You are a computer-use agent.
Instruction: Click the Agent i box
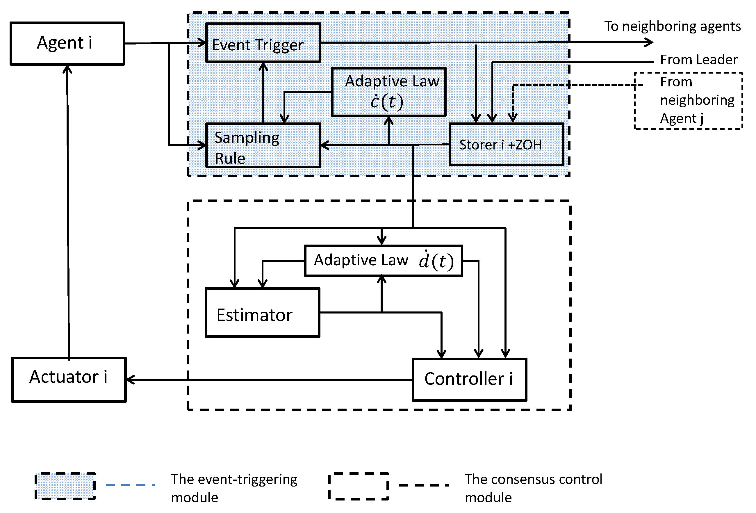[x=67, y=44]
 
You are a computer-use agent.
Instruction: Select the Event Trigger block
[x=263, y=43]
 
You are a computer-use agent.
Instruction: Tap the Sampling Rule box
[x=263, y=145]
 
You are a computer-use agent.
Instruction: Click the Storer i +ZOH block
[x=506, y=145]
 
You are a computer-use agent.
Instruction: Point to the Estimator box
[x=262, y=313]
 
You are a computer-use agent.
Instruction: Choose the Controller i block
[x=469, y=380]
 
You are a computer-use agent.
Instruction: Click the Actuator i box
[x=69, y=380]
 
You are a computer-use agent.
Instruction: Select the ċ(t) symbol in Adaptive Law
[x=387, y=102]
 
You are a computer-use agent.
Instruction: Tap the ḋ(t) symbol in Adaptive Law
[x=436, y=261]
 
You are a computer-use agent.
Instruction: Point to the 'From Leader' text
[x=698, y=60]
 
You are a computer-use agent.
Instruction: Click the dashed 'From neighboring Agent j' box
[x=688, y=101]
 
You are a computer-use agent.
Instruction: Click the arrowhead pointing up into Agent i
[x=67, y=69]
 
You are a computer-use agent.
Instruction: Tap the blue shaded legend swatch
[x=65, y=486]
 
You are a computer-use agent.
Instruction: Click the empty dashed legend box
[x=358, y=486]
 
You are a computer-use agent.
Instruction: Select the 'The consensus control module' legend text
[x=533, y=488]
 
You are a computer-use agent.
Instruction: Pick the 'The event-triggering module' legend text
[x=233, y=488]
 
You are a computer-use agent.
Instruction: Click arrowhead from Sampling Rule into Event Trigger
[x=263, y=67]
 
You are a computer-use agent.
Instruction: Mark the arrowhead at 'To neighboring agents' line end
[x=649, y=42]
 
